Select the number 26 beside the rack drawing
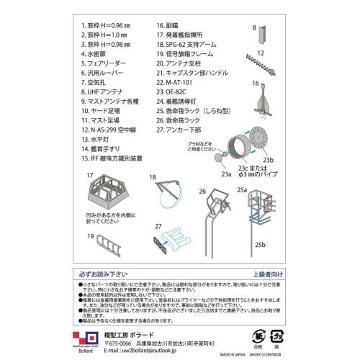(x=203, y=190)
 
